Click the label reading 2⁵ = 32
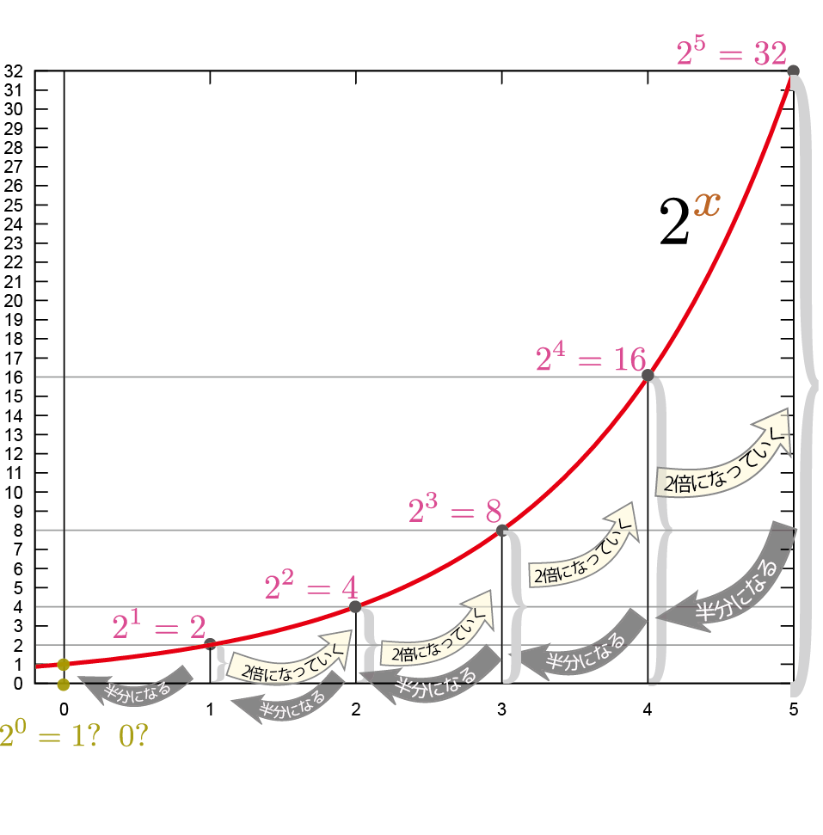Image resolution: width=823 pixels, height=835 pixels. click(731, 54)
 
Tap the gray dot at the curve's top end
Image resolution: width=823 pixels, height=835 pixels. click(793, 71)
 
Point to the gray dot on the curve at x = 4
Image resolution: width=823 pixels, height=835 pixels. click(648, 376)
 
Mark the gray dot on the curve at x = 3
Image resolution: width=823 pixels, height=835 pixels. click(501, 530)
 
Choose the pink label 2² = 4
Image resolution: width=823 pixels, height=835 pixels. click(310, 588)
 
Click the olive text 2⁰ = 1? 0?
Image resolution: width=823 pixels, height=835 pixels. click(73, 736)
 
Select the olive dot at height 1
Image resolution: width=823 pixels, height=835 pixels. click(64, 664)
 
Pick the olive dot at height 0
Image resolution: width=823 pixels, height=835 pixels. click(64, 685)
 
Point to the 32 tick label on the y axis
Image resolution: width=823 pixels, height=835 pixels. click(14, 71)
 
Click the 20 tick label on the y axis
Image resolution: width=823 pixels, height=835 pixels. click(14, 300)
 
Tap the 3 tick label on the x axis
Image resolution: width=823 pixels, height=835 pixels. click(501, 709)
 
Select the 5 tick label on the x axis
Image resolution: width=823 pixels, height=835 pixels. click(793, 709)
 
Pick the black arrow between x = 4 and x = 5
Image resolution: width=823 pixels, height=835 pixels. click(731, 580)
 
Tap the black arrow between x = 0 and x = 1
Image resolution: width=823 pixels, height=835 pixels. click(138, 684)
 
